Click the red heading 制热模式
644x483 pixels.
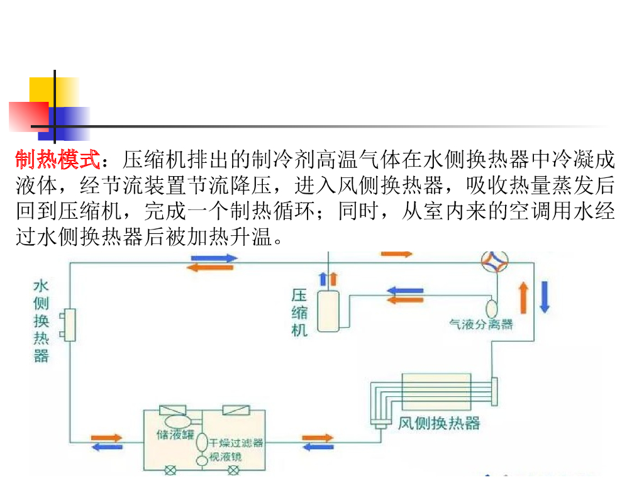(58, 160)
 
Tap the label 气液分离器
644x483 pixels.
(480, 325)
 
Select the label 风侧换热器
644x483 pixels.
(439, 423)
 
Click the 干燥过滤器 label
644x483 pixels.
(236, 443)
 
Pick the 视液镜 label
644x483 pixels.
(226, 457)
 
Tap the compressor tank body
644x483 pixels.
(328, 311)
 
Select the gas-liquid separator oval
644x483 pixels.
(492, 308)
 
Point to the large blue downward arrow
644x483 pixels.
(545, 297)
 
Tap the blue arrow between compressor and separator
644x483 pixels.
(404, 291)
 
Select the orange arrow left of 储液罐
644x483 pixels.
(107, 437)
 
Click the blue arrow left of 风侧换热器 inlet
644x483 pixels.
(318, 447)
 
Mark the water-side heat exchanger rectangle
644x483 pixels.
(68, 325)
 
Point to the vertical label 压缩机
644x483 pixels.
(300, 313)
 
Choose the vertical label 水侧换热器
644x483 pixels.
(41, 321)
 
